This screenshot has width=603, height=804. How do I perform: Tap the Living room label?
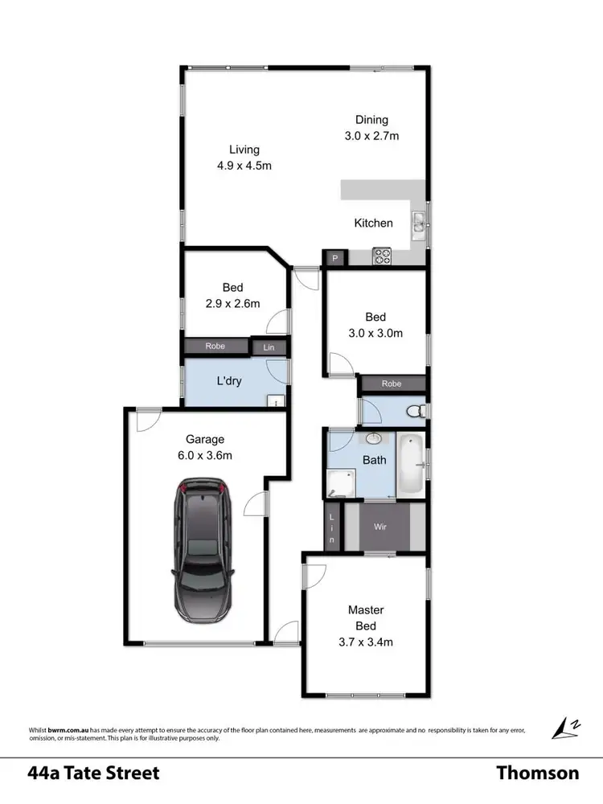pos(244,150)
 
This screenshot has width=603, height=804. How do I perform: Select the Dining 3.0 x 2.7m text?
pos(367,136)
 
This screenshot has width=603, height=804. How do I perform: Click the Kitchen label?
pos(373,223)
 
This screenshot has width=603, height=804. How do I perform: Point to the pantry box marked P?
pos(334,258)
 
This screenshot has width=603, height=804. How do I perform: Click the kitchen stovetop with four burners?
pos(383,257)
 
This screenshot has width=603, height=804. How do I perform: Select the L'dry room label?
pos(229,381)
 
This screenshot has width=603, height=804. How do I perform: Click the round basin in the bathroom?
pos(374,440)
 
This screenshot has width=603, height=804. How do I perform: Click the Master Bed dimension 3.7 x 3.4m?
pos(366,642)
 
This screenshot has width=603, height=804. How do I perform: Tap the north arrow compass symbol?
pos(563,728)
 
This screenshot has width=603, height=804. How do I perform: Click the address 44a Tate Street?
pos(93,773)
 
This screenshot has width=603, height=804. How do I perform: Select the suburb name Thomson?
pos(537,773)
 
